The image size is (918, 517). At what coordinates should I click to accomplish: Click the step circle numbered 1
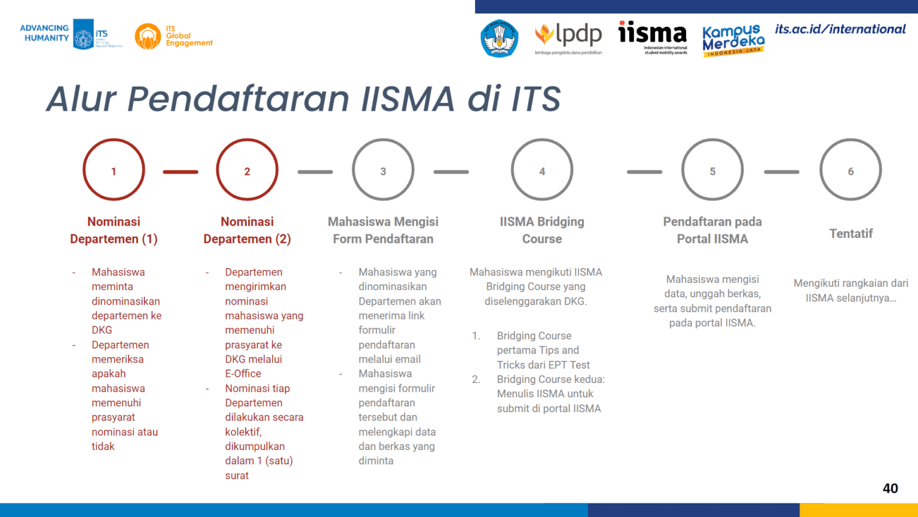pyautogui.click(x=114, y=170)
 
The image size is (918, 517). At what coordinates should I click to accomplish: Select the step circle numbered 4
pyautogui.click(x=542, y=170)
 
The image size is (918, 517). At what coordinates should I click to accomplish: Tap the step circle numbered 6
pyautogui.click(x=850, y=170)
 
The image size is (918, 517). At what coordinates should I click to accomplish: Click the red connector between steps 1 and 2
pyautogui.click(x=180, y=172)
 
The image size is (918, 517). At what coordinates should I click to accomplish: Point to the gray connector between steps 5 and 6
pyautogui.click(x=781, y=172)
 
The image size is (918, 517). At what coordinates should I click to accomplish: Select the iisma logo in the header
pyautogui.click(x=653, y=36)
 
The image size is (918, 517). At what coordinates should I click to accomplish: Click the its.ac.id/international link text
pyautogui.click(x=840, y=29)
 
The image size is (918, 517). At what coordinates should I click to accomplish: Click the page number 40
pyautogui.click(x=890, y=488)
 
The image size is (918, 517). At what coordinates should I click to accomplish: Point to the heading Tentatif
pyautogui.click(x=850, y=233)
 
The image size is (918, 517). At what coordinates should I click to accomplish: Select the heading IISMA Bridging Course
pyautogui.click(x=542, y=230)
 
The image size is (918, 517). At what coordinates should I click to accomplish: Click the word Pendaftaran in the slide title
pyautogui.click(x=238, y=99)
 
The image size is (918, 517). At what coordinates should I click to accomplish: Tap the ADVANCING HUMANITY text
pyautogui.click(x=45, y=33)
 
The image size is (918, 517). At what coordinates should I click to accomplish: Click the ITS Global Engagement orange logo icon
pyautogui.click(x=148, y=37)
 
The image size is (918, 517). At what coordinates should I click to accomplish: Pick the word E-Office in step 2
pyautogui.click(x=243, y=373)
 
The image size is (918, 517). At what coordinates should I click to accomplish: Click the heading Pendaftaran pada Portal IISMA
pyautogui.click(x=712, y=230)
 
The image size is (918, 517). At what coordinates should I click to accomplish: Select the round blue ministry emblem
pyautogui.click(x=499, y=38)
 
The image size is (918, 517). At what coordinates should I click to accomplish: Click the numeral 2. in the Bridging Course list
pyautogui.click(x=476, y=379)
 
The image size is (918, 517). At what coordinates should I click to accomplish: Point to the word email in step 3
pyautogui.click(x=407, y=359)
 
